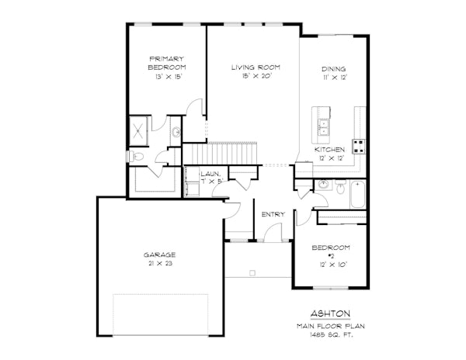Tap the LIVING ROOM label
tap(256, 67)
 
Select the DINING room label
tap(333, 68)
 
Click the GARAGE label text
tap(159, 254)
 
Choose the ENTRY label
tap(273, 214)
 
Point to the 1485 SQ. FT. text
tap(331, 334)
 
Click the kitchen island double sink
tap(322, 126)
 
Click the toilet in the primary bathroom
tap(137, 157)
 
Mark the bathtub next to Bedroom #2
tap(358, 193)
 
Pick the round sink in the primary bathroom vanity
tap(177, 132)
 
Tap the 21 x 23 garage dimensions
tap(159, 265)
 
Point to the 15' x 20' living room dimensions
tap(256, 78)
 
